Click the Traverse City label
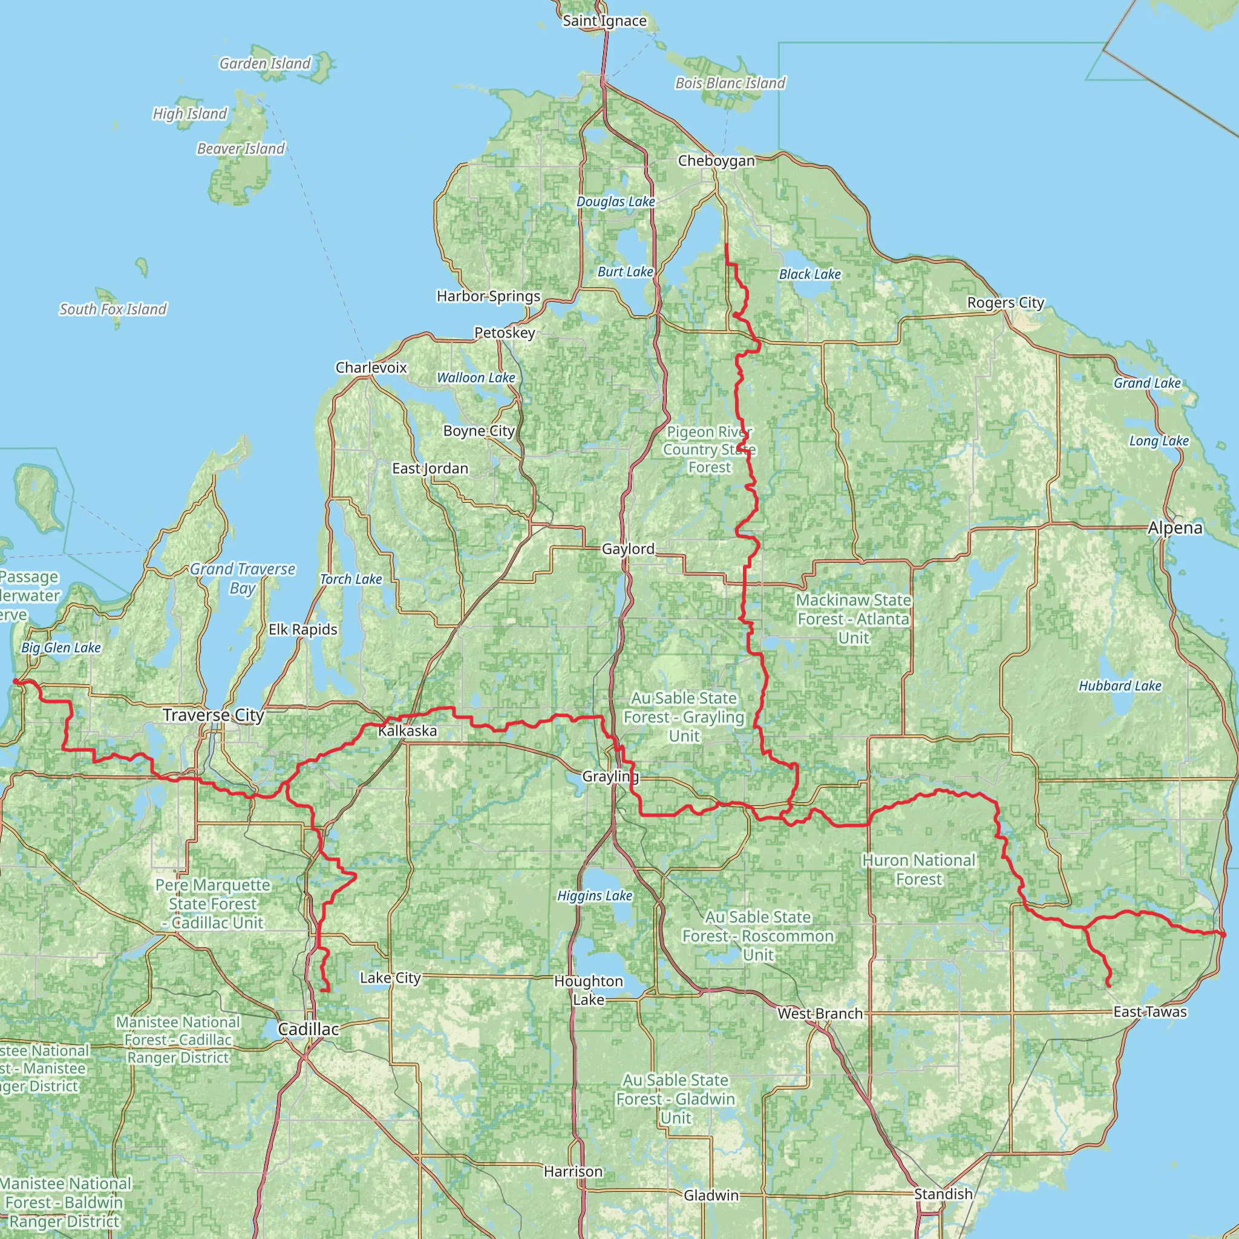213,715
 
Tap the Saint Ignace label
604,21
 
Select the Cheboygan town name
716,160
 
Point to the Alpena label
1175,528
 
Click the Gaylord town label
628,549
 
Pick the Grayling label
610,777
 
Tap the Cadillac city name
309,1028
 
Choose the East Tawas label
1150,1012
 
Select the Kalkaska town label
407,730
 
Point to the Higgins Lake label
595,895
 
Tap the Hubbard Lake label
1120,685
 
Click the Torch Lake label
351,579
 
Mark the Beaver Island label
241,149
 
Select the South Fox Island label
113,309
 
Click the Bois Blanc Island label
730,83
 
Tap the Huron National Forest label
918,869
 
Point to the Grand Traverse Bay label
243,578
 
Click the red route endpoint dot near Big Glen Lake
15,682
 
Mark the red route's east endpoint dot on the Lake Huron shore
1222,934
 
